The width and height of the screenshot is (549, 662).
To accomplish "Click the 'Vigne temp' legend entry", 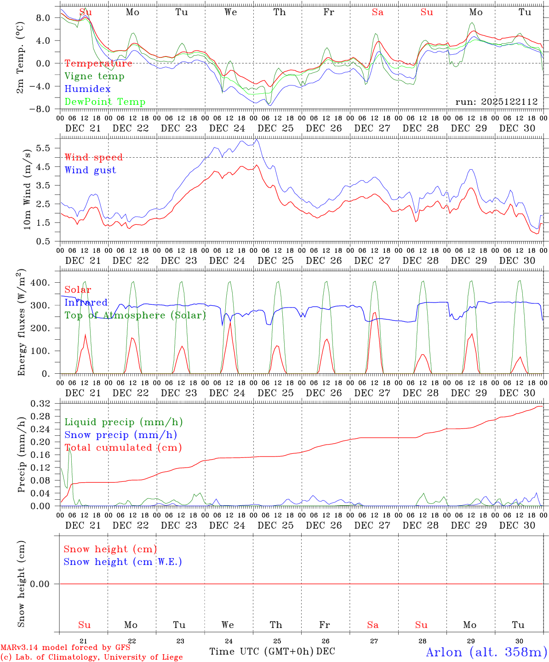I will click(94, 76).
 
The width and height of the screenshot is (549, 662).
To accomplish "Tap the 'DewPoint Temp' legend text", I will click(105, 102).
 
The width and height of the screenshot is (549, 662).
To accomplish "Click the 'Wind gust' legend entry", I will click(90, 170).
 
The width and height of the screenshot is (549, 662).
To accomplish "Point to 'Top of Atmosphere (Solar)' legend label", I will click(135, 315).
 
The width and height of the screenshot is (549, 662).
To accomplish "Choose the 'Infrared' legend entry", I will click(86, 302).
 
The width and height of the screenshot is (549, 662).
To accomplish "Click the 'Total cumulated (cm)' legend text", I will click(123, 448).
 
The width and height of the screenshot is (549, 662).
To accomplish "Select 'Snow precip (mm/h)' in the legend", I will click(120, 435).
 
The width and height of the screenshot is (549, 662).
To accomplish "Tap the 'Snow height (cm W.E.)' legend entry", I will click(123, 562).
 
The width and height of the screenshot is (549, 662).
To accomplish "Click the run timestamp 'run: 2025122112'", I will click(496, 102).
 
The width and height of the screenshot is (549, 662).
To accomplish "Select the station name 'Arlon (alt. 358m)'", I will click(486, 652).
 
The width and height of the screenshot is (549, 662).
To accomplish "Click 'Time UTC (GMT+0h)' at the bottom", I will click(262, 651).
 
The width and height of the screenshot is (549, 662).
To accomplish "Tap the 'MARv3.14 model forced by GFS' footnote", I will click(65, 648).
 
